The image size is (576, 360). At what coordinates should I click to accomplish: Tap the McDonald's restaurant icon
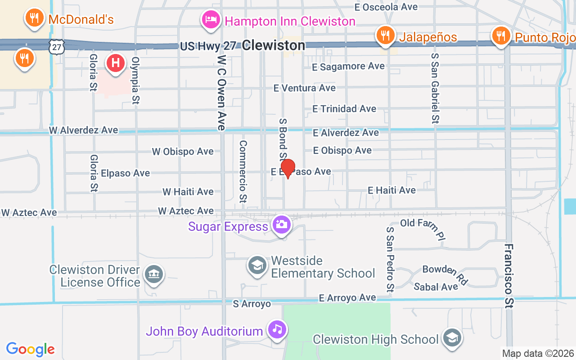coord(34,18)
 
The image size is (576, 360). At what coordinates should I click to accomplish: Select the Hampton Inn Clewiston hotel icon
coord(211,19)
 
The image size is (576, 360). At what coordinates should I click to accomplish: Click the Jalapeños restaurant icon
coord(385,35)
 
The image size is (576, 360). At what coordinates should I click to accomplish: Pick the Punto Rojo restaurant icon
coord(500,35)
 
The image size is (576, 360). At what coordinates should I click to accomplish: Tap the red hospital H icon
coord(116,62)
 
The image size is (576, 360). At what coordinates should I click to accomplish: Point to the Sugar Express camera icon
coord(282,224)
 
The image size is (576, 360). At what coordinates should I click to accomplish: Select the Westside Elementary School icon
coord(257,265)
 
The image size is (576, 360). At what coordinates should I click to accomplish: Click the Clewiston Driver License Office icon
coord(154,274)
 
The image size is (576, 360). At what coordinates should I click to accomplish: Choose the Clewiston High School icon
coord(452,338)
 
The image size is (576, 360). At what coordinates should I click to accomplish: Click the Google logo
coord(31,349)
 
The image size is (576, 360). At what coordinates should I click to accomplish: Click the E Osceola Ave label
coord(386,7)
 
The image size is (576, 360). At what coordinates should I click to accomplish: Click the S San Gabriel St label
coord(435,88)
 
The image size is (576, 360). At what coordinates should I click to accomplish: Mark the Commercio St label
coord(243,171)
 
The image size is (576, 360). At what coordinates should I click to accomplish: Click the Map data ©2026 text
coord(538,353)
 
